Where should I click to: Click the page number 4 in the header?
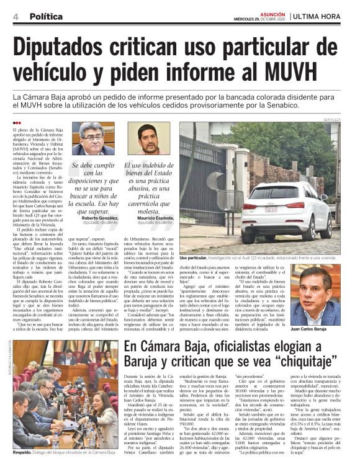[15, 15]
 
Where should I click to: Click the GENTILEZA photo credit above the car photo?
[332, 118]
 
